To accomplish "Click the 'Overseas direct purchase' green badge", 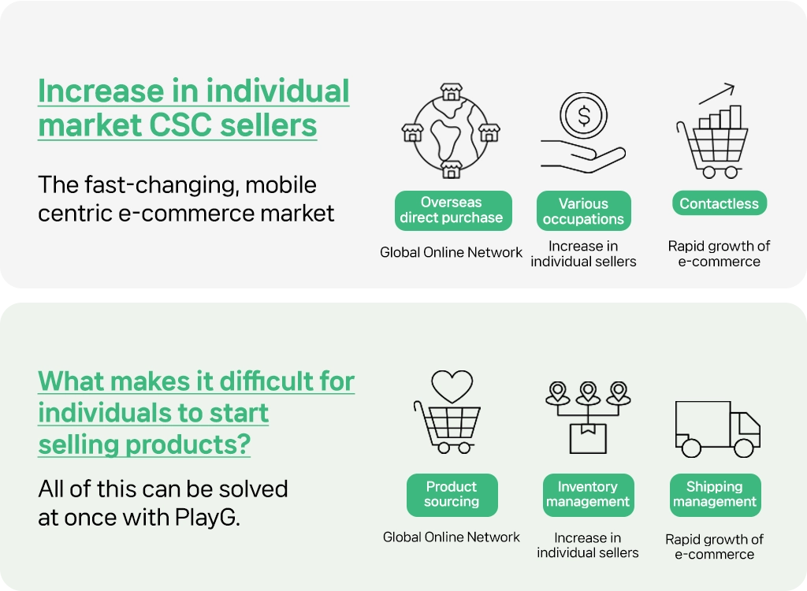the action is pos(453,210).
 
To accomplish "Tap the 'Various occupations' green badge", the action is pos(584,211).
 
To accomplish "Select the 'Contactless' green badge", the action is pos(719,203).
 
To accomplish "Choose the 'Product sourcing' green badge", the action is pos(452,495).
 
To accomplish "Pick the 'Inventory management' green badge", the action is pos(588,495).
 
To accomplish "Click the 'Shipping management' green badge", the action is pos(715,495).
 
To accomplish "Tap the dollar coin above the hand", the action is pos(584,115).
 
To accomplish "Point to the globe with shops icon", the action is pos(451,131).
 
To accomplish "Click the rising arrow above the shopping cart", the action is pos(716,93).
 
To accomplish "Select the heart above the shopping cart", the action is pos(452,386).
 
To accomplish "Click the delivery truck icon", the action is pos(717,429).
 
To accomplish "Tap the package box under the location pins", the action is pos(588,439).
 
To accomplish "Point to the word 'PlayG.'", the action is pos(207,518).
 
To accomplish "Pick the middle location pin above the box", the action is pos(588,393).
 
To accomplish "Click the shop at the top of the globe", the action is pos(452,91).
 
